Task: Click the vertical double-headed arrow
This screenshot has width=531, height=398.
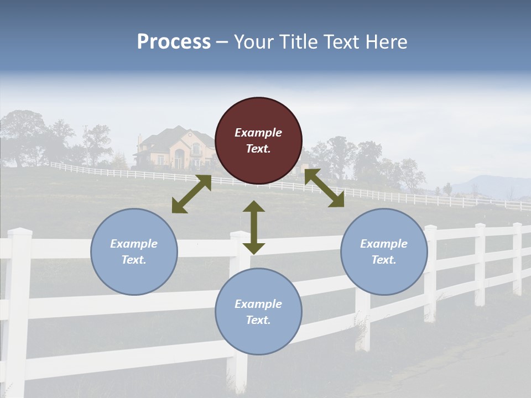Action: point(254,227)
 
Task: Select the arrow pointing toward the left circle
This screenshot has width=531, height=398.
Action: point(191,194)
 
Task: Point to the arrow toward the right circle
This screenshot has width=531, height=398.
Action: point(324,188)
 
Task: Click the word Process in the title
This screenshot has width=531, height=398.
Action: point(174,42)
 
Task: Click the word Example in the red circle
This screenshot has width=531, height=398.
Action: point(258,133)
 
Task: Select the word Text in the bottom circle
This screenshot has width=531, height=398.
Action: point(257,320)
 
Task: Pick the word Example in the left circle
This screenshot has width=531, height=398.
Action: point(134,244)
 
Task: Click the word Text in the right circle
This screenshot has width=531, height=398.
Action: point(382,260)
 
